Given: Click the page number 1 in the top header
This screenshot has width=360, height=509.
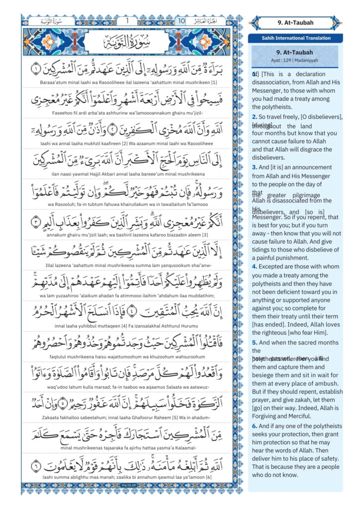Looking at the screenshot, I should pyautogui.click(x=127, y=21).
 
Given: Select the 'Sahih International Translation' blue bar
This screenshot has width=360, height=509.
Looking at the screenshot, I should pyautogui.click(x=296, y=38).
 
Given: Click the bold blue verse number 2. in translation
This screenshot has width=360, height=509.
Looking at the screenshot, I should pyautogui.click(x=255, y=116).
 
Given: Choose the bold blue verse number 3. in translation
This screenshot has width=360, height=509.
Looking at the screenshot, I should pyautogui.click(x=255, y=168).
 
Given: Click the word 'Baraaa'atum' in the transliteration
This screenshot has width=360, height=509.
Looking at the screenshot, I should pyautogui.click(x=55, y=82).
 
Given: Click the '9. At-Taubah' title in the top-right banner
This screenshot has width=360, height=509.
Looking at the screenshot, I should pyautogui.click(x=295, y=23).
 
